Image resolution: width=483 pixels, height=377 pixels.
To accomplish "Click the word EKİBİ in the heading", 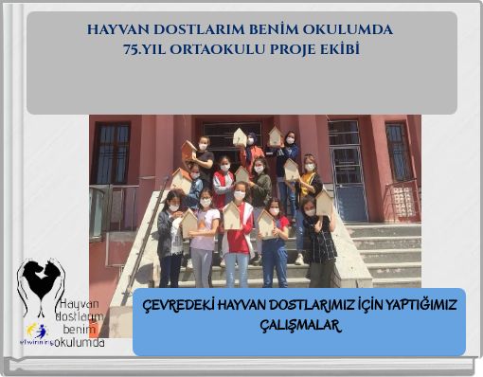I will click(339, 48).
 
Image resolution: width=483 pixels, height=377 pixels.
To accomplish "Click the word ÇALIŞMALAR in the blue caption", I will click(298, 325).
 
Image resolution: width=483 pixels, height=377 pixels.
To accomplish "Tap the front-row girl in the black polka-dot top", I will click(318, 242).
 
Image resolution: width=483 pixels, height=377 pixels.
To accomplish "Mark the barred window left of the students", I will click(112, 153).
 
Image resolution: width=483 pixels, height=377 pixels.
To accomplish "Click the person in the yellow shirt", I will click(308, 185).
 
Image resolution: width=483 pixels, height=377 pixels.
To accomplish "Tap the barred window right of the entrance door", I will click(398, 151).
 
